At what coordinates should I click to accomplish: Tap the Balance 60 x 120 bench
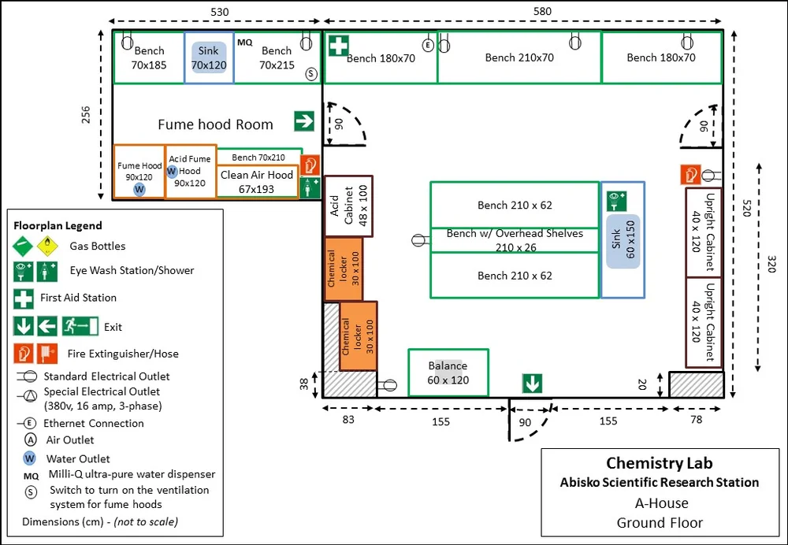pos(448,373)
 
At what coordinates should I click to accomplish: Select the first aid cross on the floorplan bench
pos(339,46)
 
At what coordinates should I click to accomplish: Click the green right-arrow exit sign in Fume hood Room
pos(304,121)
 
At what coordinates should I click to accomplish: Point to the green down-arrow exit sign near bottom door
pos(533,384)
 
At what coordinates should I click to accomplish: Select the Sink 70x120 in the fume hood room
pos(209,58)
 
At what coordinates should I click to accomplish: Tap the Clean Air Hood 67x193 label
pos(257,181)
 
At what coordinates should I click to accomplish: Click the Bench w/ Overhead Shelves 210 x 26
pos(515,239)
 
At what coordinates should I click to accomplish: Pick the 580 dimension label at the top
pos(542,11)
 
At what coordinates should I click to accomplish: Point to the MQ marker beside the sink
pos(245,42)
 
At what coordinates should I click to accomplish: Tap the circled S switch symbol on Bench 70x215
pos(311,73)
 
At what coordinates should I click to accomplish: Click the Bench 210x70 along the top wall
pos(519,57)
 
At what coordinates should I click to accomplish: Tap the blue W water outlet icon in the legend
pos(29,458)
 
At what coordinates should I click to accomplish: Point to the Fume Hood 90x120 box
pos(139,172)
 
